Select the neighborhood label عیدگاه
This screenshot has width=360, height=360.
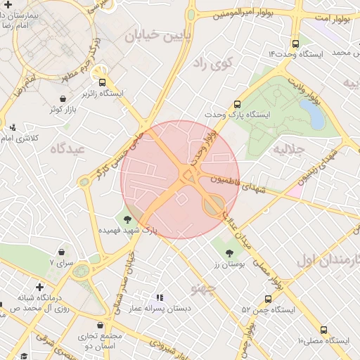[x=67, y=148]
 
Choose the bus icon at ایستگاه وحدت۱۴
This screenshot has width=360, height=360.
[x=295, y=42]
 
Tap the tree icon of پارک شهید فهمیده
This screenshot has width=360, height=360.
[x=127, y=219]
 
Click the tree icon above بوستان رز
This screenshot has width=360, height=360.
[x=229, y=252]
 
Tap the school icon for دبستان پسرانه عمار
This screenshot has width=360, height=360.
[x=160, y=297]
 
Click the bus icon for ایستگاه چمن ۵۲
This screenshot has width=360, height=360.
[x=268, y=298]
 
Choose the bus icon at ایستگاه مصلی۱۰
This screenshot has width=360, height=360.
[x=323, y=329]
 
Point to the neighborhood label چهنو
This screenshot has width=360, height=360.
[x=204, y=289]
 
